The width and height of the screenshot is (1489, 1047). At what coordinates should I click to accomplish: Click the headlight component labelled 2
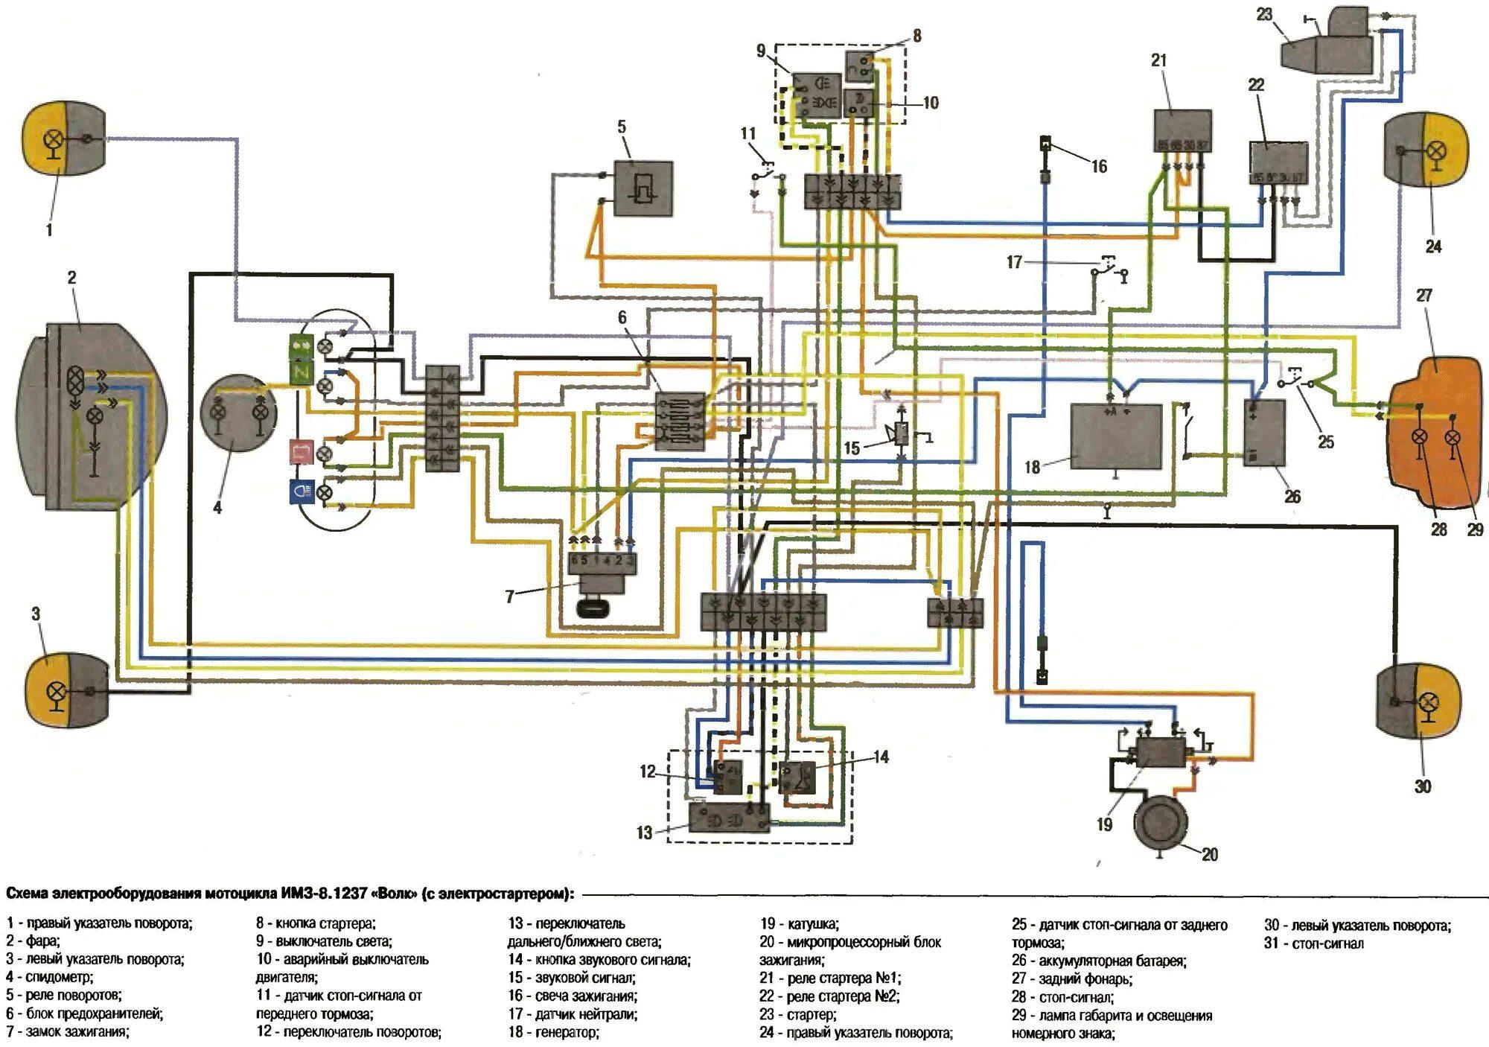[x=89, y=417]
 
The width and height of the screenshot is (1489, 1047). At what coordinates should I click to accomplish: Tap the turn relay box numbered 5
[x=643, y=188]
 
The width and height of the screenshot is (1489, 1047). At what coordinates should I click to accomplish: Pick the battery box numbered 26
[x=1264, y=432]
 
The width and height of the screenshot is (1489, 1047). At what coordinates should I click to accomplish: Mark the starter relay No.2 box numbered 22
[x=1278, y=162]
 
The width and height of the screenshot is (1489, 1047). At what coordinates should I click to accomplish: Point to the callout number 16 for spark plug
[x=1099, y=166]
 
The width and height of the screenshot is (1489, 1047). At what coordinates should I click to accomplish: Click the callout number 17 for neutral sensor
[x=1014, y=262]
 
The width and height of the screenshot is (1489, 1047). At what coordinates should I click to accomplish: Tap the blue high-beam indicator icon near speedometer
[x=302, y=492]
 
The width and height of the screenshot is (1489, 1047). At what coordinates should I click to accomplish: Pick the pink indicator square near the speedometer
[x=301, y=451]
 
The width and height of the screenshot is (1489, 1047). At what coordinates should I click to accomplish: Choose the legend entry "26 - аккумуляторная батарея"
[x=1099, y=961]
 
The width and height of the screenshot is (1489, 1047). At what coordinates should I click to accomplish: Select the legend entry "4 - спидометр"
[x=49, y=977]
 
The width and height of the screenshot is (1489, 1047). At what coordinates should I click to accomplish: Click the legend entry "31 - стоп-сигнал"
[x=1313, y=943]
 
